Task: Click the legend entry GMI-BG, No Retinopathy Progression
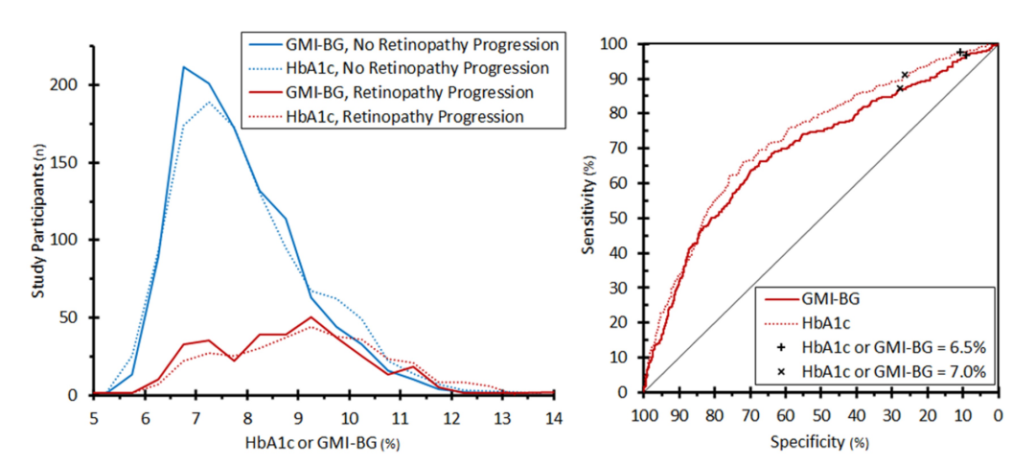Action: (x=403, y=45)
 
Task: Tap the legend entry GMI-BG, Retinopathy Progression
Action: (x=391, y=92)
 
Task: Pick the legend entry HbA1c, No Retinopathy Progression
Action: (x=399, y=69)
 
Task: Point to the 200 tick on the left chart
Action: (x=75, y=85)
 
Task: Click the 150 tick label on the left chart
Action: (x=75, y=163)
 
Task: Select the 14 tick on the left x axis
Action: (x=553, y=418)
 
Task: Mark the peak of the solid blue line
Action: (x=183, y=67)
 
